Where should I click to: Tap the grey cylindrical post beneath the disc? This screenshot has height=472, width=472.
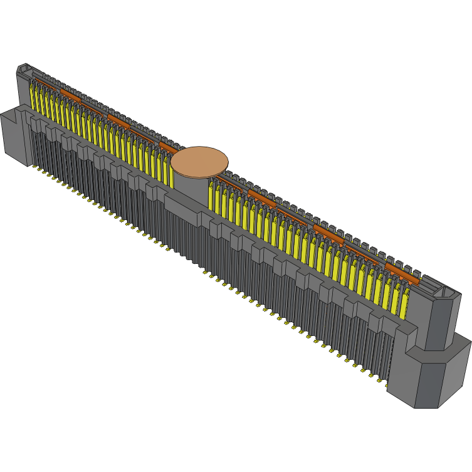click(x=191, y=185)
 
